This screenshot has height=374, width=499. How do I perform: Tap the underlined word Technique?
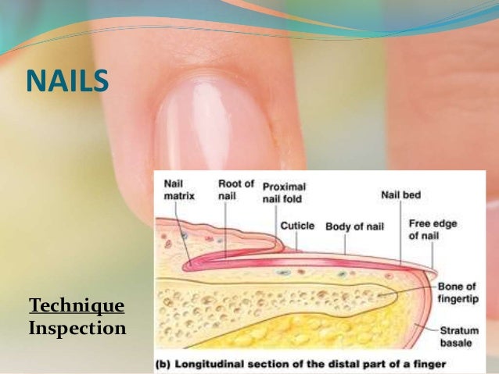point(76,305)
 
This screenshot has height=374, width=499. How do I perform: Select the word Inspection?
point(77,329)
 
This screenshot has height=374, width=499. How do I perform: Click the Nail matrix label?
point(179,191)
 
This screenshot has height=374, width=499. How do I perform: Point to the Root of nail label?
point(235,190)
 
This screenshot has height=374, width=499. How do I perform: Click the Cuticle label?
point(297,226)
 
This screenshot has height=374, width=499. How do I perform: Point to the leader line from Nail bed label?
point(400,234)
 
